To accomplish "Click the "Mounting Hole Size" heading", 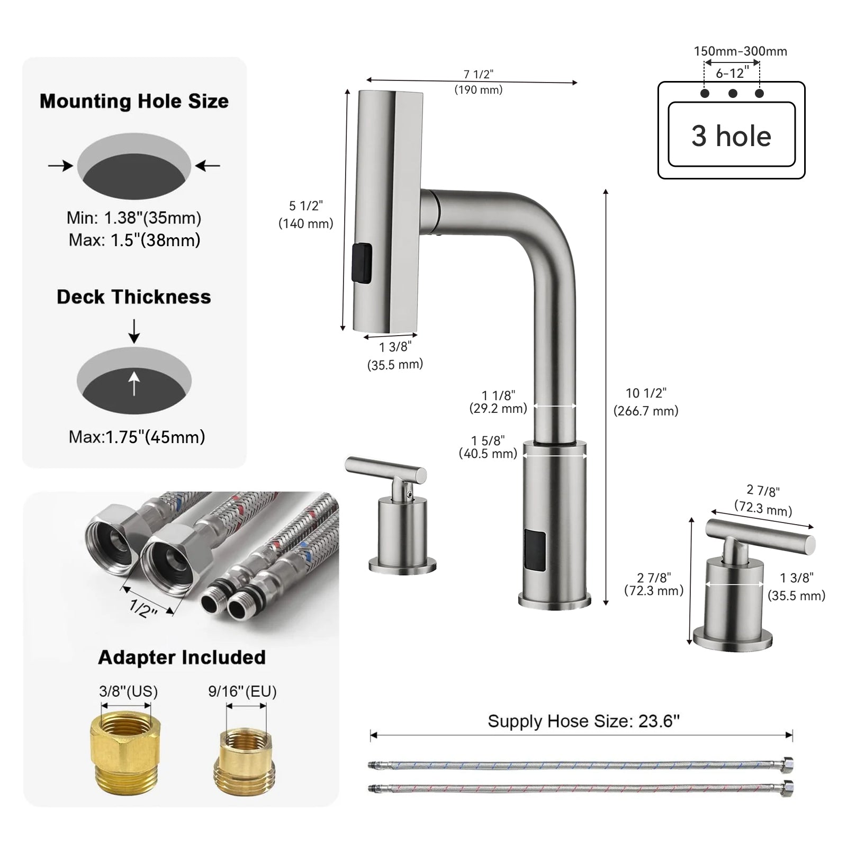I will coord(134,101).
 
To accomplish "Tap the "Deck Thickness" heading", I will coord(134,297).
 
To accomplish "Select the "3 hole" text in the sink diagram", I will coord(731,136).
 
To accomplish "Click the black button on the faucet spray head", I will coord(362,263).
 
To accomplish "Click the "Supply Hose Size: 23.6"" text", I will coord(583,721).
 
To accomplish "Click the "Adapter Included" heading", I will coord(182,657).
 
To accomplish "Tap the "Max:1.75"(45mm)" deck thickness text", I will coord(137,437).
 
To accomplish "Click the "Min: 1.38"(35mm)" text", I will coord(134,218).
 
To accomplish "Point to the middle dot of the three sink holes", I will coord(733,94).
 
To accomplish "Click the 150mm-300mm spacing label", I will coord(740,51).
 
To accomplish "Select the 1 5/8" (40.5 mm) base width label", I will coord(488,447).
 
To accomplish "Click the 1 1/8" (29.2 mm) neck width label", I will coord(498,402).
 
